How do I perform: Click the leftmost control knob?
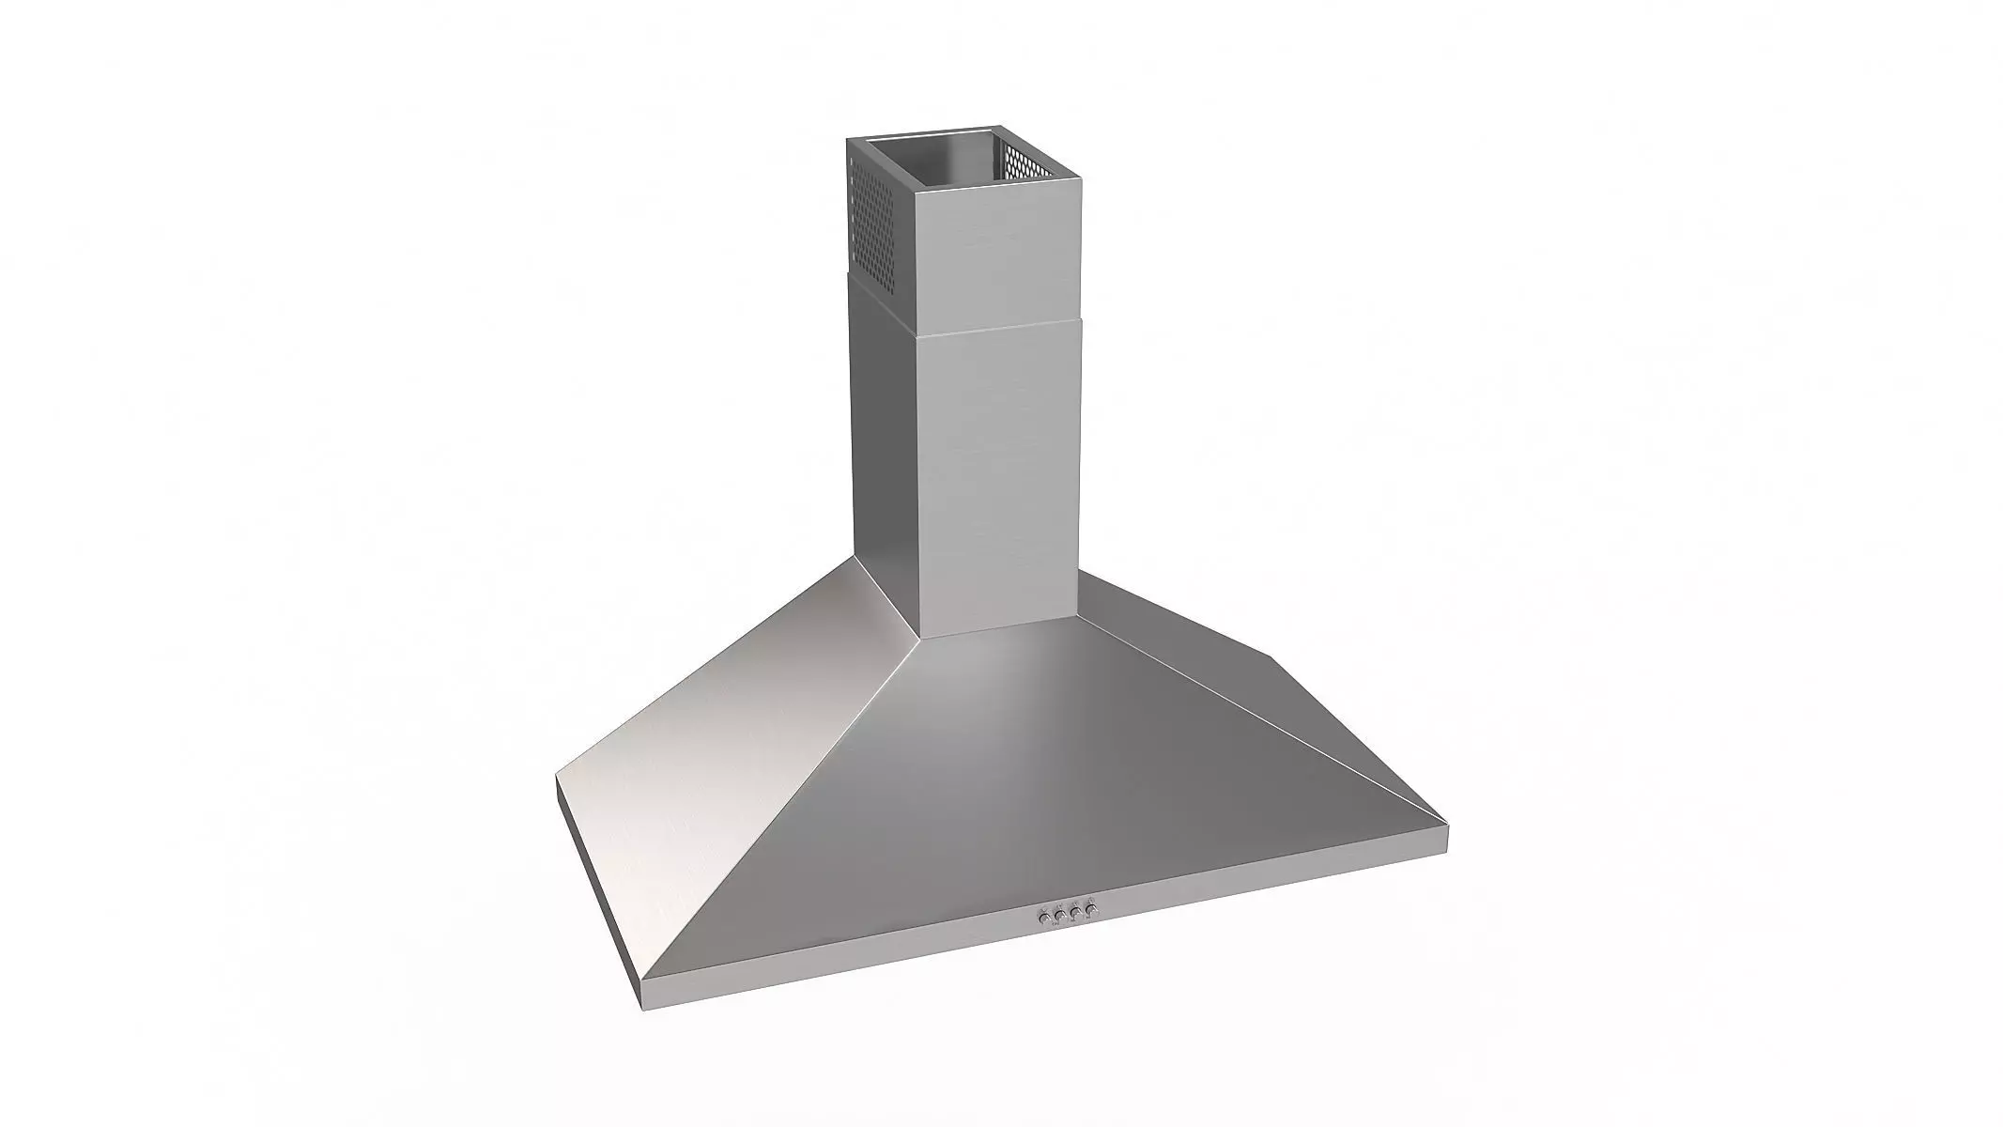(1043, 916)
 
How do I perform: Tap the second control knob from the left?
(1059, 914)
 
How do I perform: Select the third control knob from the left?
(1075, 912)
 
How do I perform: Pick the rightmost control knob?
(1091, 910)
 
